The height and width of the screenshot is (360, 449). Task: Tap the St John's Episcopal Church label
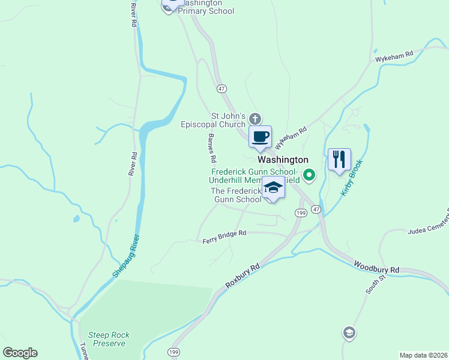click(x=214, y=120)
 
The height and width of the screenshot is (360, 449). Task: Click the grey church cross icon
click(x=255, y=118)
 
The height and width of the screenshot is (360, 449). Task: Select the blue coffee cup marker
click(x=260, y=137)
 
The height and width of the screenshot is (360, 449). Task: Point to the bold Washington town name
click(x=283, y=160)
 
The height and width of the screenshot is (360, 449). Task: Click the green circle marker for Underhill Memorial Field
click(x=309, y=176)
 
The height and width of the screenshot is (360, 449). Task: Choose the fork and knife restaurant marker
click(x=339, y=160)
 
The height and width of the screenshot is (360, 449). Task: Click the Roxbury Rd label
click(x=243, y=277)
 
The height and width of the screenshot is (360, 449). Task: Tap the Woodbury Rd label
click(x=376, y=267)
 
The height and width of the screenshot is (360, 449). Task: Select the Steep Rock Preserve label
click(x=109, y=339)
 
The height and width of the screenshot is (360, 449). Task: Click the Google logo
click(x=20, y=353)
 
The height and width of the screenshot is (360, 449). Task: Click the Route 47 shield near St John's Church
click(x=222, y=88)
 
